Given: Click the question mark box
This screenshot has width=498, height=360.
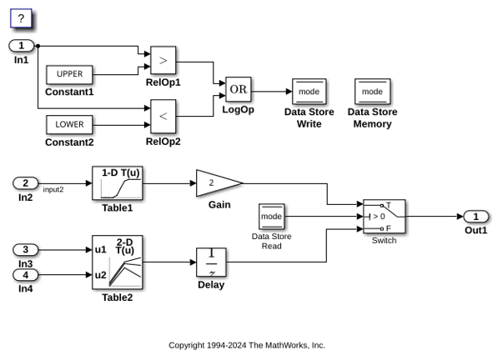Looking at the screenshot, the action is (22, 18).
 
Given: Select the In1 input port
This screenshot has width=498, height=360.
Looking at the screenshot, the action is (22, 46).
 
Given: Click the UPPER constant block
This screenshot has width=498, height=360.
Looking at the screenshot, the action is (69, 74).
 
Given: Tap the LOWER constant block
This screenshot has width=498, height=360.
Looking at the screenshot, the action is (69, 125).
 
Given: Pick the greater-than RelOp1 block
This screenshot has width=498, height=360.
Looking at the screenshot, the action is (163, 60).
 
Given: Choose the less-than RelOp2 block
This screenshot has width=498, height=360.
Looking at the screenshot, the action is (163, 117).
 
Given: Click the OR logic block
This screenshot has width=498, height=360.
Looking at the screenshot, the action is (239, 89).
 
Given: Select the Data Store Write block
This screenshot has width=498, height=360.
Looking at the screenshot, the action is (309, 92).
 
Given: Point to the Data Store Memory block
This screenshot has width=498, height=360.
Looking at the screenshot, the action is (373, 92).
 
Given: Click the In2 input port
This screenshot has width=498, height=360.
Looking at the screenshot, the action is (25, 183).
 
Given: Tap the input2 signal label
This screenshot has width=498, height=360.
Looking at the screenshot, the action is (53, 190).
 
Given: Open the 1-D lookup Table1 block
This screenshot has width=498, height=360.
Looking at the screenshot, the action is (117, 183).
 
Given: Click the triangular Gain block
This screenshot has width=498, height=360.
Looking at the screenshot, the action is (219, 183).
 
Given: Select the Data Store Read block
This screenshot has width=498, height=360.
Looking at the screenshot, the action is (272, 217).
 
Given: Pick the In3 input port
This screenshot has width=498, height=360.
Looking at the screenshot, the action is (25, 250).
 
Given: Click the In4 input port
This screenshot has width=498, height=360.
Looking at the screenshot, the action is (25, 275).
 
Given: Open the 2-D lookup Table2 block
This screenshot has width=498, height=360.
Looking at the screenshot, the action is (117, 262).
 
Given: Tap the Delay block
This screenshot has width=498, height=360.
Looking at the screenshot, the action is (211, 262).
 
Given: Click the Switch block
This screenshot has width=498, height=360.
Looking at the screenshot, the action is (385, 217).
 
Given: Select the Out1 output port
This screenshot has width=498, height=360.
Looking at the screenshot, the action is (475, 217).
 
